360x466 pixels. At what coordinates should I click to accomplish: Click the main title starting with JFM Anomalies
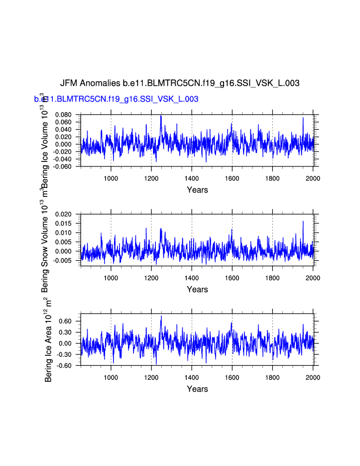[x=180, y=83]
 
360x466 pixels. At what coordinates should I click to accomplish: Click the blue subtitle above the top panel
[x=117, y=99]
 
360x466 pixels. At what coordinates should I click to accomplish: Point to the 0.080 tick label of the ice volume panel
[x=64, y=115]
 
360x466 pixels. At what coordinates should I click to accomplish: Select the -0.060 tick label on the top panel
[x=63, y=166]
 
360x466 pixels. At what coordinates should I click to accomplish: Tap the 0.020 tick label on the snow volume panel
[x=64, y=214]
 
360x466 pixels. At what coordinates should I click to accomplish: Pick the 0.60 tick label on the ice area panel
[x=67, y=321]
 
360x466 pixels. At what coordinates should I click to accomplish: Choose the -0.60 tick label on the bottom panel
[x=66, y=366]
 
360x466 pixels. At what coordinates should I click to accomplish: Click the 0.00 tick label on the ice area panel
[x=67, y=344]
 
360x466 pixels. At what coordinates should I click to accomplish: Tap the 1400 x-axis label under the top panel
[x=192, y=178]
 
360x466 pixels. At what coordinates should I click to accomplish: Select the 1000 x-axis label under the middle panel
[x=111, y=278]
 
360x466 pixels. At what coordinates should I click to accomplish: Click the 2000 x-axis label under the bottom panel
[x=313, y=378]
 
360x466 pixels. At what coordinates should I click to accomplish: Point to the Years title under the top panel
[x=197, y=190]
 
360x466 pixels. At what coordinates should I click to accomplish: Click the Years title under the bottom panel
[x=197, y=389]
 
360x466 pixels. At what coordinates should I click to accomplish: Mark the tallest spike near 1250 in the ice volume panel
[x=161, y=116]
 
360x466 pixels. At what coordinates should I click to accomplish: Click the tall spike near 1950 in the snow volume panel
[x=303, y=221]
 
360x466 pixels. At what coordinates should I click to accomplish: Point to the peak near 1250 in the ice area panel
[x=161, y=316]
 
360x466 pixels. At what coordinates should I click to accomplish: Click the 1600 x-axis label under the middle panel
[x=232, y=278]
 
